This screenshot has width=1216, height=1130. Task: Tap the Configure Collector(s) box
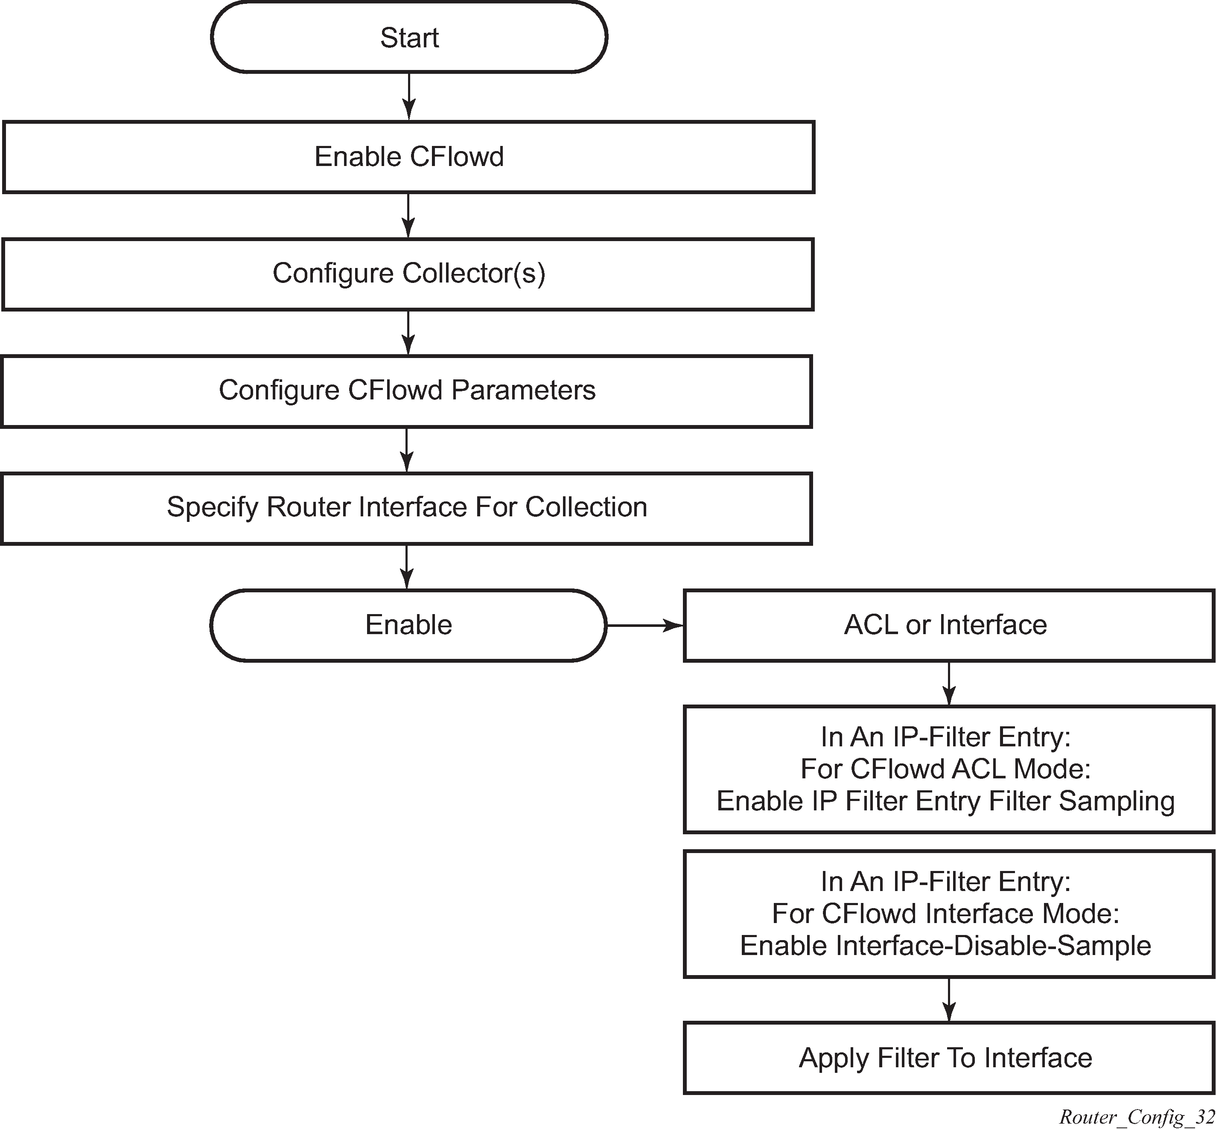408,274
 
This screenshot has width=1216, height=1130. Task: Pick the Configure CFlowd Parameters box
407,391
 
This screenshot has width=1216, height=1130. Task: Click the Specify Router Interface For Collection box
407,508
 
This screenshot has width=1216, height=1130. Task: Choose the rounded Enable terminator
408,625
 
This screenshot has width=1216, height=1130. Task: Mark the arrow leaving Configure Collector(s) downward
408,332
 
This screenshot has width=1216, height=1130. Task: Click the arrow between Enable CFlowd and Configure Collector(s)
408,216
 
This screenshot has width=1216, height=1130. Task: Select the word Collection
586,507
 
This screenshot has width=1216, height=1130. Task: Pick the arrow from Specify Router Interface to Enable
407,567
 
